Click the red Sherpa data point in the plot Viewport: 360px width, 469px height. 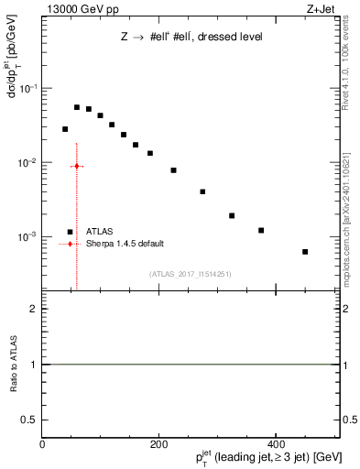coord(77,166)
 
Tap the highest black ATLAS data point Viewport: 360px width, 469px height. coord(77,107)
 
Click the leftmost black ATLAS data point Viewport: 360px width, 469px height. coord(65,129)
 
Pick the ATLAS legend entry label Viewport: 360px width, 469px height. coord(100,233)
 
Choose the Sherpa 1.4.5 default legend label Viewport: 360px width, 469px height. coord(125,245)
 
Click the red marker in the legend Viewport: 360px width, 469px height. coord(71,245)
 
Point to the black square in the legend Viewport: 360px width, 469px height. coord(71,233)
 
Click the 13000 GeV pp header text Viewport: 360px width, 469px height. coord(78,9)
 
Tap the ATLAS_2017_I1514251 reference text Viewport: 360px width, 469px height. coord(191,274)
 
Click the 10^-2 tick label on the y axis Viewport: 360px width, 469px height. coord(27,163)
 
